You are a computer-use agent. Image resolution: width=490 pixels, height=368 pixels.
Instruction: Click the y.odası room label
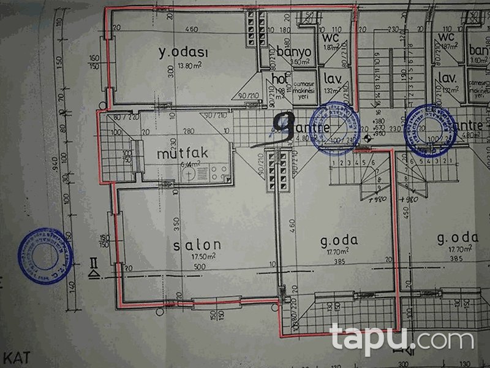click(183, 53)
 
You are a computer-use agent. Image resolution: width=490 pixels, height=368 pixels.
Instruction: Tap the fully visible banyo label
click(294, 52)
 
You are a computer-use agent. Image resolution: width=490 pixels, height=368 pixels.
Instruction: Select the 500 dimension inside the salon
click(200, 267)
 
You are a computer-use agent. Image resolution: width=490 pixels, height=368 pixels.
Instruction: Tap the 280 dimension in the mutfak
click(172, 131)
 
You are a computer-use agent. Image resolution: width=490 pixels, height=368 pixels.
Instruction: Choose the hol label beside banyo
click(280, 79)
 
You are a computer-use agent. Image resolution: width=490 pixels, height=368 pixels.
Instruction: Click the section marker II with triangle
click(93, 267)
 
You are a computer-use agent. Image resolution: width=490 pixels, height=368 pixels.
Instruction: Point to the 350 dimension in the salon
click(176, 222)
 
